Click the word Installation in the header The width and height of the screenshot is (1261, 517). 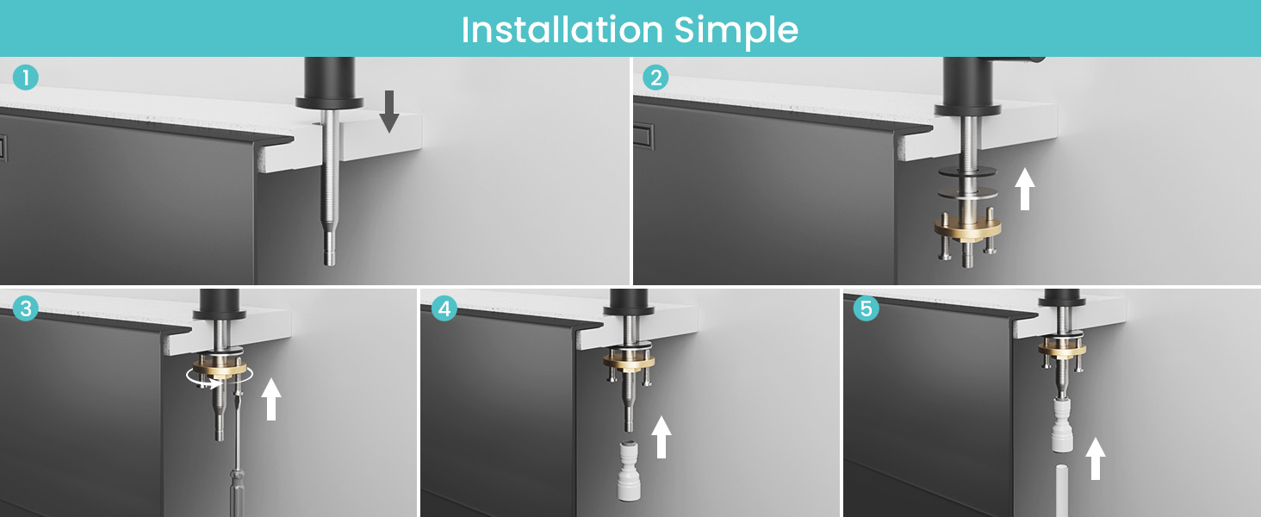[562, 29]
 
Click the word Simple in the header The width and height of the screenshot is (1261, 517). [736, 31]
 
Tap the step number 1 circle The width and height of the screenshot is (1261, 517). [25, 78]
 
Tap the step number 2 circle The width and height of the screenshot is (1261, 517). [655, 78]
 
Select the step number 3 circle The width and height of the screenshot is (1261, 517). [25, 308]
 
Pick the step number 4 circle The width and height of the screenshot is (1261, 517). [444, 308]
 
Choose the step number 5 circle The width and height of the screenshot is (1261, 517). [866, 308]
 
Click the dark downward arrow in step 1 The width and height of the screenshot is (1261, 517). [389, 111]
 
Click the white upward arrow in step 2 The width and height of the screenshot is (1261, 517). [1025, 189]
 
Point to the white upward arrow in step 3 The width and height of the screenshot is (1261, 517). [271, 399]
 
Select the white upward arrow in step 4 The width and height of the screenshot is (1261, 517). [662, 437]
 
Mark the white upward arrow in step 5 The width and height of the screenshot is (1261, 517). [1096, 458]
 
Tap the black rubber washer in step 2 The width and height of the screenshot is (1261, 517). [967, 171]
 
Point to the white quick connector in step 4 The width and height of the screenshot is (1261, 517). [629, 471]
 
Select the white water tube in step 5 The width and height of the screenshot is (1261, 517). [1062, 490]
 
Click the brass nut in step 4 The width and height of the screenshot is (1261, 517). [629, 360]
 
